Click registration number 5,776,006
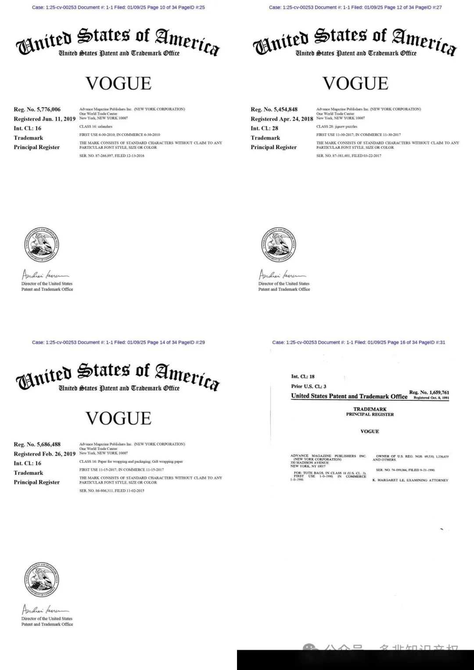(x=37, y=110)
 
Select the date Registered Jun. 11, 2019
(x=44, y=119)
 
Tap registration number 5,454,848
(x=274, y=110)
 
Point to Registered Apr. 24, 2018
(x=282, y=119)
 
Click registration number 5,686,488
(x=37, y=445)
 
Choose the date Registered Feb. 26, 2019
(x=44, y=454)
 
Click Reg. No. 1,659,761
(x=429, y=392)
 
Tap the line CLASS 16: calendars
(x=96, y=127)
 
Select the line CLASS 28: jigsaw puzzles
(x=337, y=127)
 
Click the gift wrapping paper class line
(x=131, y=462)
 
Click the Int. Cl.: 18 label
(x=303, y=377)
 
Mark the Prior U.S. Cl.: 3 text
(x=309, y=386)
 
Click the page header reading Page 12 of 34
(x=355, y=7)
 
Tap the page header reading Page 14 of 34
(x=118, y=342)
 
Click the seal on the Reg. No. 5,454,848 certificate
(x=278, y=245)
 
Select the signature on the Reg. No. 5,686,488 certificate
(x=45, y=610)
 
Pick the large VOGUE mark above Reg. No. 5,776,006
(x=118, y=83)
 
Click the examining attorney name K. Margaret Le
(x=410, y=481)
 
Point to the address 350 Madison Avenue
(x=309, y=463)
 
